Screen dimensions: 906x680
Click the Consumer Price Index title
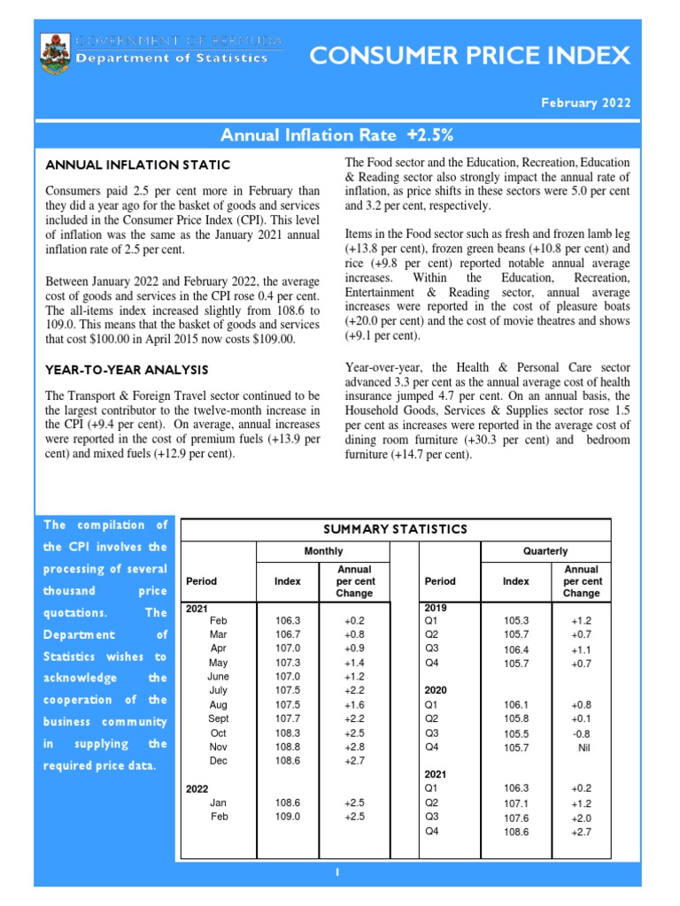[x=469, y=57]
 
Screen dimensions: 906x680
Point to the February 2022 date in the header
[x=586, y=103]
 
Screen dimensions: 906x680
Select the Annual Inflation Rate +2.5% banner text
[x=336, y=134]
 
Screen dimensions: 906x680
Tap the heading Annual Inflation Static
[x=137, y=165]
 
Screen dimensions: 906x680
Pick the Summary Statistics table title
[x=395, y=529]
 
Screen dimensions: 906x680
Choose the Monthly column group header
[x=323, y=551]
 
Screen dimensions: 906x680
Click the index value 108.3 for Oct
[x=289, y=733]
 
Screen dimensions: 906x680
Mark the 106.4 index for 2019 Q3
[x=516, y=649]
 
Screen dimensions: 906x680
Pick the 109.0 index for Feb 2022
[x=289, y=817]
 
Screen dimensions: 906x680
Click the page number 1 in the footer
[x=337, y=872]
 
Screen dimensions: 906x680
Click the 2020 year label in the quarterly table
[x=437, y=689]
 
